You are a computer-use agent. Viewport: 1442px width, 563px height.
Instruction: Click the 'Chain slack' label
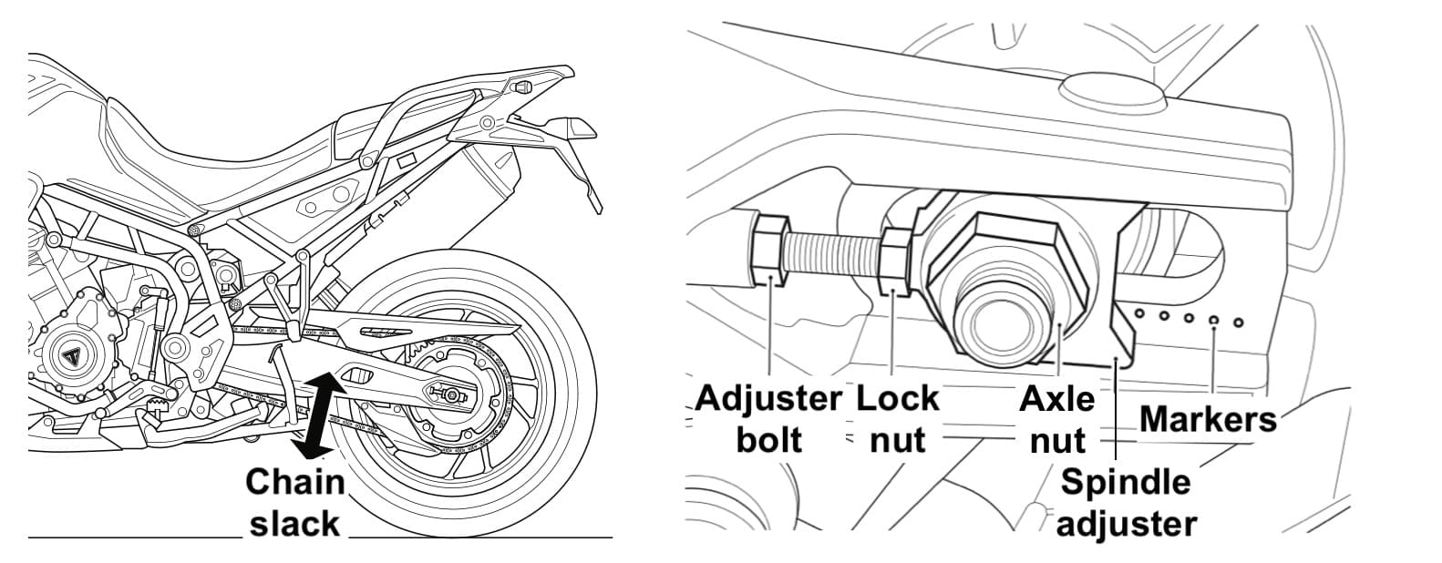[294, 502]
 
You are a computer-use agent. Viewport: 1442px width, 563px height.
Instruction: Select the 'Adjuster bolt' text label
[767, 419]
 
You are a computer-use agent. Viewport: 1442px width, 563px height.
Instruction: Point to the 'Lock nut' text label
[897, 419]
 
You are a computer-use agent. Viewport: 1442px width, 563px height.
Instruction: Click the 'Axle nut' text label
[1056, 419]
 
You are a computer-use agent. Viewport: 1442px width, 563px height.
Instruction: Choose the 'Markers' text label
[1208, 419]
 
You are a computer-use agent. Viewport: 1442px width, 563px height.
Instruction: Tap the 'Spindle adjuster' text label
[1127, 502]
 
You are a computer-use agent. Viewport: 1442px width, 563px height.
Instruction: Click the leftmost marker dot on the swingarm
[1138, 313]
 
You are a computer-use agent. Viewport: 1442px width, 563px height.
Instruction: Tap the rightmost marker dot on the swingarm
[1238, 322]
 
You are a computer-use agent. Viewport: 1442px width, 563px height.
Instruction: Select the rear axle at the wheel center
[450, 394]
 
